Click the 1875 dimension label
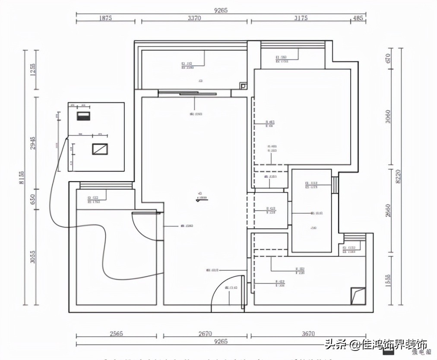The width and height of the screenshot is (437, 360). (105, 18)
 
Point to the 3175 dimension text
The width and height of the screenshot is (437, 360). (301, 18)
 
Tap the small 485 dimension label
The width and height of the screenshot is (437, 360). (358, 18)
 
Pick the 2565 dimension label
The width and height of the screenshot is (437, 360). (117, 333)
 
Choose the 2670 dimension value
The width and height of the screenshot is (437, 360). (205, 333)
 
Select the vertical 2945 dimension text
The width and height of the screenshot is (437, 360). (33, 142)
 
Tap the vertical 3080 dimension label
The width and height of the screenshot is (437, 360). (388, 117)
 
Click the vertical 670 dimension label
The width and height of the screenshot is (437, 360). (388, 58)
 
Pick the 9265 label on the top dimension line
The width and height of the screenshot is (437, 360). (221, 10)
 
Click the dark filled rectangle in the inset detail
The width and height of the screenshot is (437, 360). (83, 116)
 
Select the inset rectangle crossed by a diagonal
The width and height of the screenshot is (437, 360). (100, 149)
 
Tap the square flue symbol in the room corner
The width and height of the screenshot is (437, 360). (358, 296)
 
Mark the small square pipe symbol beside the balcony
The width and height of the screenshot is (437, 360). (244, 86)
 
